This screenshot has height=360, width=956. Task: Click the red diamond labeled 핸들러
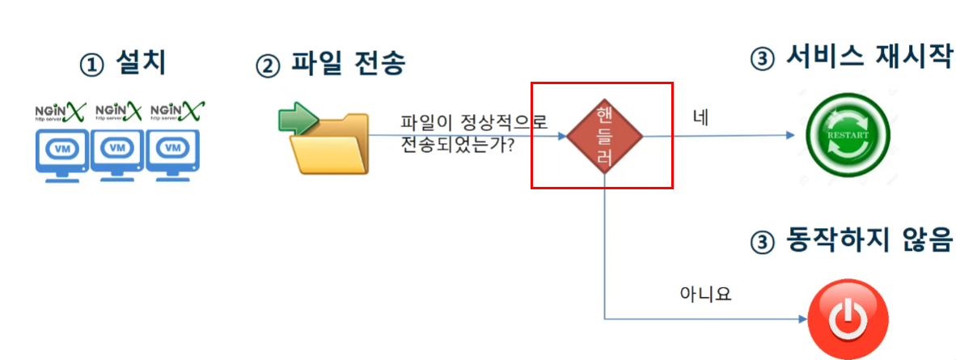603,135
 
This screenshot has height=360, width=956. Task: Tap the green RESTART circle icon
847,135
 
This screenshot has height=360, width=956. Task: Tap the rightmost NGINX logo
177,110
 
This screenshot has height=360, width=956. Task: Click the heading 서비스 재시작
866,58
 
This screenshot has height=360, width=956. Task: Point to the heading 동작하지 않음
866,240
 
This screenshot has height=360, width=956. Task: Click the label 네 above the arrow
700,118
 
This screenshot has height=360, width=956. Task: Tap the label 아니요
705,294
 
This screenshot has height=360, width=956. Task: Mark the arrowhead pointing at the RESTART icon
792,136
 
